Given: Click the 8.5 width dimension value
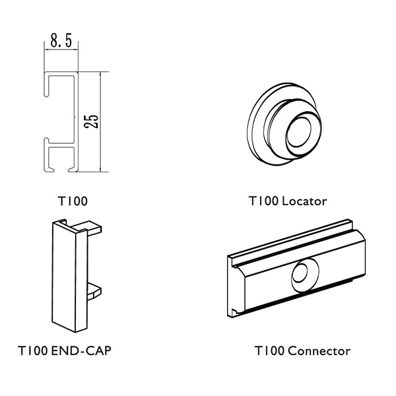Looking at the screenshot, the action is click(x=61, y=40).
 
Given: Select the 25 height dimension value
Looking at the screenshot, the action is click(x=91, y=121).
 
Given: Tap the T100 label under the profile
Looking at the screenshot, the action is click(x=73, y=201).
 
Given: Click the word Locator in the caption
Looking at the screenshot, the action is click(x=304, y=201).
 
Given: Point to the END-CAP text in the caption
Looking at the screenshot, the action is click(x=81, y=350).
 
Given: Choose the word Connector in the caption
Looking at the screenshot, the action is click(x=319, y=351).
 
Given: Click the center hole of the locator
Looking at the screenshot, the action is click(x=299, y=133).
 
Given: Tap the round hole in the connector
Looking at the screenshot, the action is click(x=302, y=274).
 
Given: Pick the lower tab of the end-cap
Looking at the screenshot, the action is click(x=94, y=291).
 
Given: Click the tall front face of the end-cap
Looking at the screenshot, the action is click(x=64, y=275).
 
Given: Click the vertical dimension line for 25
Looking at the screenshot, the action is click(x=100, y=121).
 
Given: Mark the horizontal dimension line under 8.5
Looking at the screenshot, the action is click(x=61, y=49).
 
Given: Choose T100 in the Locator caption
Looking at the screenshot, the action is click(x=263, y=201).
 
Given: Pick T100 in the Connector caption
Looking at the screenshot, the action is click(x=270, y=351).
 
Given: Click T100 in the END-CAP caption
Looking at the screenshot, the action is click(x=33, y=350).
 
